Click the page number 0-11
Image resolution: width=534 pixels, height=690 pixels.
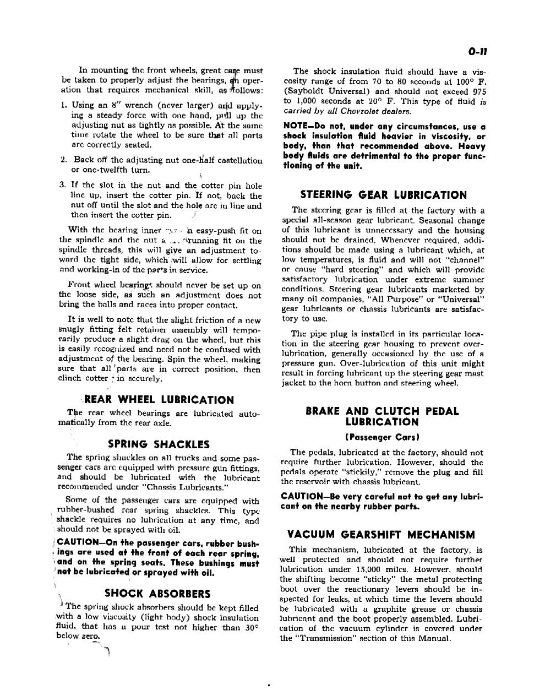pos(478,52)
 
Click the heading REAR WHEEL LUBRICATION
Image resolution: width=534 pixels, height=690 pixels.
pos(159,400)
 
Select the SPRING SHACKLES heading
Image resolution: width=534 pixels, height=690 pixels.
pos(159,444)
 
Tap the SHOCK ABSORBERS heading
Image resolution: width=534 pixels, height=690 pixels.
pos(157,594)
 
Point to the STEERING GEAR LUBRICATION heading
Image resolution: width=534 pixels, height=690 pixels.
pos(383,195)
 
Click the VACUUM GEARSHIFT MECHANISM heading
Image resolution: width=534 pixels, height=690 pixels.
pos(381,535)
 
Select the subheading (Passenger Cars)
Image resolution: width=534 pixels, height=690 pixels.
pos(382,438)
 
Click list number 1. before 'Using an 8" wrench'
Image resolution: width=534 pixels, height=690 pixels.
pos(64,105)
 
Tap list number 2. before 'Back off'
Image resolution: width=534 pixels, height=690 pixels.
pos(64,160)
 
